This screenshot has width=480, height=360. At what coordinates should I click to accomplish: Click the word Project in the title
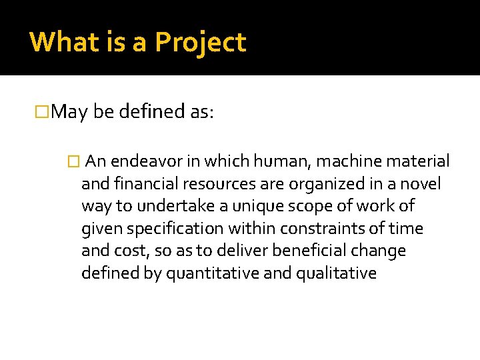tap(201, 43)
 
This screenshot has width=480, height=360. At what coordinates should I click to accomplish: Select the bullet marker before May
tap(43, 111)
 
